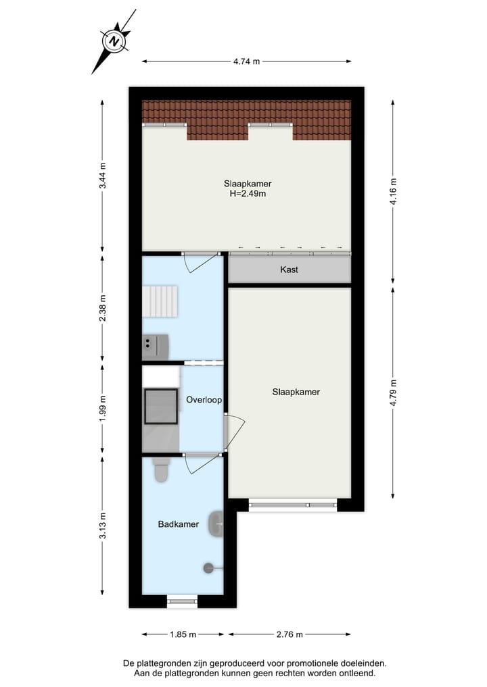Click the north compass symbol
click(x=115, y=41)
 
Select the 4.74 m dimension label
click(x=246, y=61)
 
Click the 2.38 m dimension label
click(x=102, y=307)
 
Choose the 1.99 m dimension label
click(x=102, y=408)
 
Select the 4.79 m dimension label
click(x=392, y=392)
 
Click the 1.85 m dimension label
click(x=183, y=634)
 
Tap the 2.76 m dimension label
click(x=289, y=634)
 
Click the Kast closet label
click(x=289, y=270)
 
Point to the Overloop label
click(x=204, y=400)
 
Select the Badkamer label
click(x=178, y=524)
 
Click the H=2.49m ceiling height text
click(x=248, y=193)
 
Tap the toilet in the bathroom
click(x=161, y=471)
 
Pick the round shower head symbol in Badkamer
click(x=208, y=568)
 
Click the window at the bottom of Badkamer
click(x=182, y=599)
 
